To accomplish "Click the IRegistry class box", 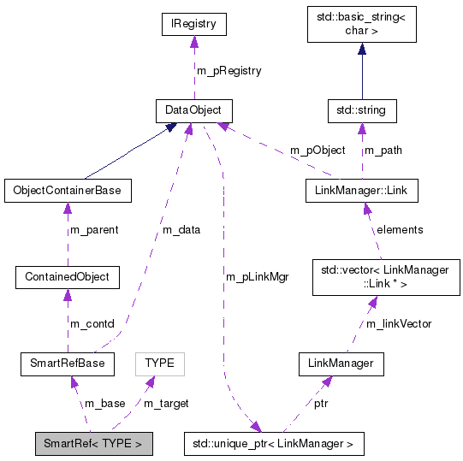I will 194,25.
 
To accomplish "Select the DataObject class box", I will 194,110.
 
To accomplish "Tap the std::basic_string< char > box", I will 361,26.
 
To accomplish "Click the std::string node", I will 361,110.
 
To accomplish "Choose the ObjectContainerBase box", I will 67,190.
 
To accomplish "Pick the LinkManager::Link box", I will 361,190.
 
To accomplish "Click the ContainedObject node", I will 67,277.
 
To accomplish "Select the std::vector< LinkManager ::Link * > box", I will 380,277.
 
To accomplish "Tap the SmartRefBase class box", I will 67,363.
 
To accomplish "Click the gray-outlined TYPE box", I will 159,363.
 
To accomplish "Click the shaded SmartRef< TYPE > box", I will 93,444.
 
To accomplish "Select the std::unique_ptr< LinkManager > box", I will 274,444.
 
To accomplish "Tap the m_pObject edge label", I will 318,150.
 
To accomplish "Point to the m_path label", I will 383,150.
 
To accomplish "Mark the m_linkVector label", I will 399,322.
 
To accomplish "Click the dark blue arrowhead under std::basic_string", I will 361,50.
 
